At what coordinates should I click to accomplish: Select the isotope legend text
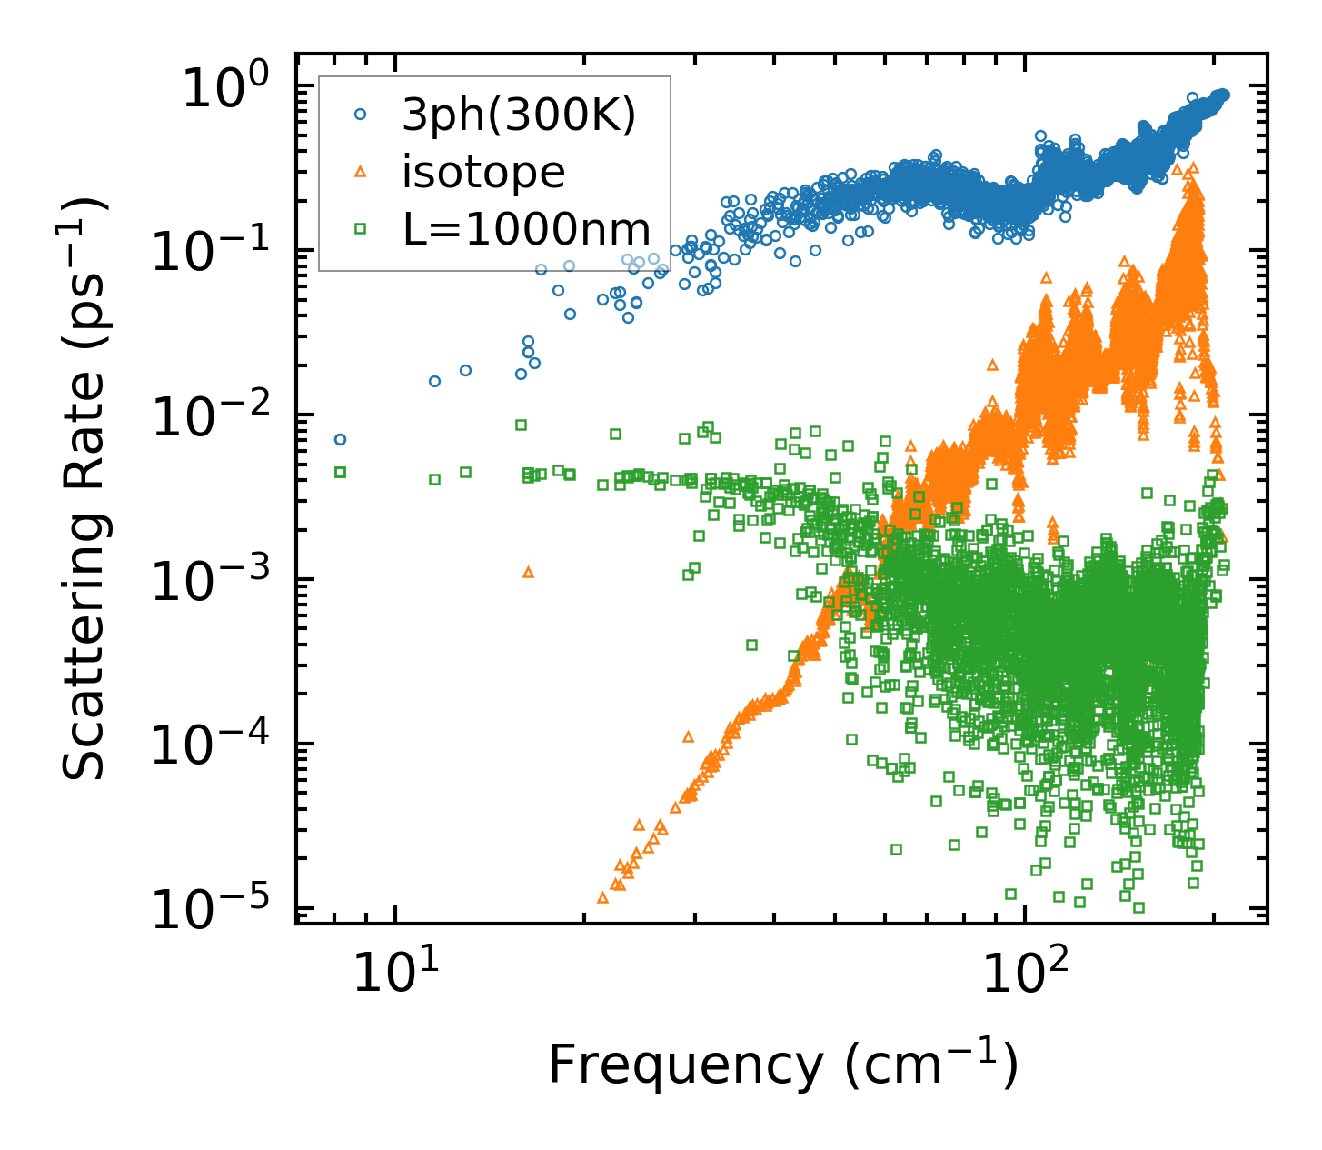point(483,172)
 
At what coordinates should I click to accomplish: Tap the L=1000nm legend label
point(527,229)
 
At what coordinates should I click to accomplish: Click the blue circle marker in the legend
point(360,115)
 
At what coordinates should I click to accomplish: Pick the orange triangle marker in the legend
point(360,172)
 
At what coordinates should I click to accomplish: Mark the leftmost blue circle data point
point(340,439)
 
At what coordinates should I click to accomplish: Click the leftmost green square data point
point(340,472)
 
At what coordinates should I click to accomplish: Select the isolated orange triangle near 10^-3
point(528,572)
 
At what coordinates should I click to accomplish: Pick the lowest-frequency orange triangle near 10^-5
point(602,897)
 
